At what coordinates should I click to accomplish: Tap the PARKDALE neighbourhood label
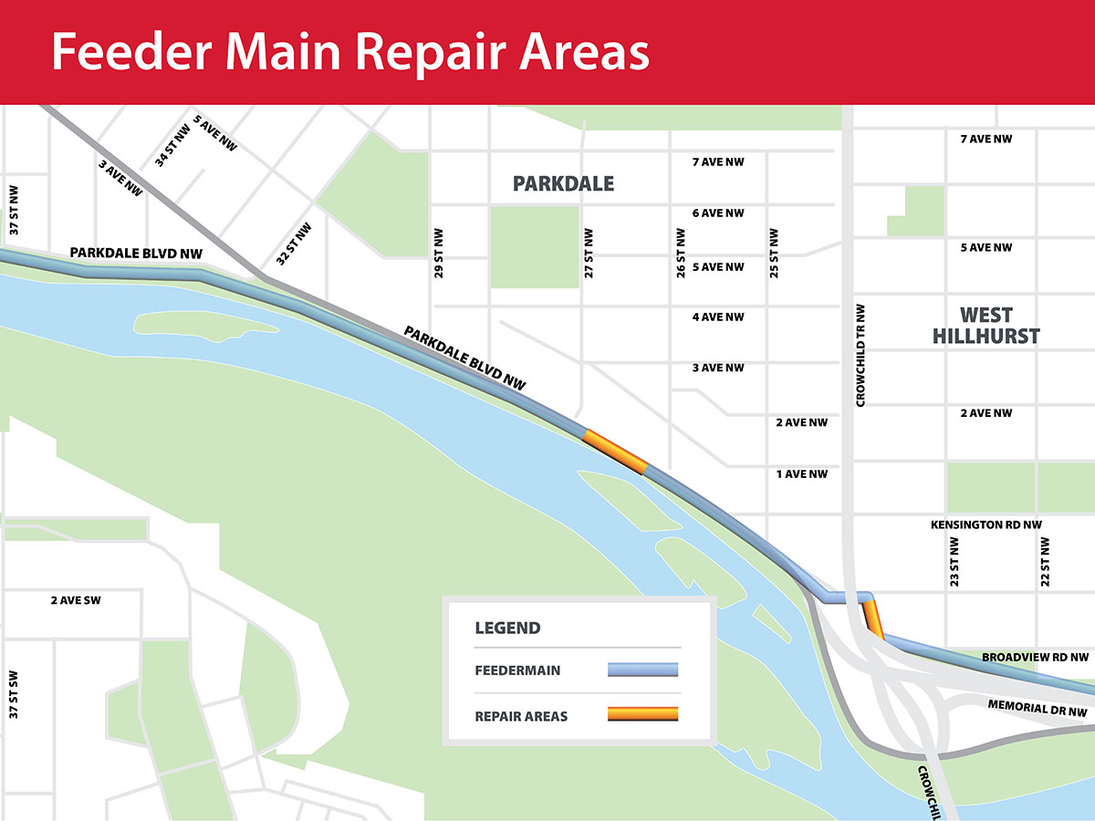pyautogui.click(x=563, y=184)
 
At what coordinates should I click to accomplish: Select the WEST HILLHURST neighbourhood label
pyautogui.click(x=985, y=326)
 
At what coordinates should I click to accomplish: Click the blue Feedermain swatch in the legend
pyautogui.click(x=643, y=670)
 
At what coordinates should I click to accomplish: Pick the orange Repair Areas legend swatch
pyautogui.click(x=643, y=714)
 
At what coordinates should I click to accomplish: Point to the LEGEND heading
pyautogui.click(x=507, y=629)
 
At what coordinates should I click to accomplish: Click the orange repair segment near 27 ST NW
pyautogui.click(x=615, y=451)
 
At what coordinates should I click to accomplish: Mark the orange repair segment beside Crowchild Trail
pyautogui.click(x=874, y=618)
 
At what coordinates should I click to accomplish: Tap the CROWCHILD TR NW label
pyautogui.click(x=860, y=356)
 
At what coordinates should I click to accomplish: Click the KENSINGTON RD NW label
pyautogui.click(x=985, y=525)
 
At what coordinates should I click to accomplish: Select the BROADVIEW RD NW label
pyautogui.click(x=1035, y=657)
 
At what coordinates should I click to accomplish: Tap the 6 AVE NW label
pyautogui.click(x=718, y=213)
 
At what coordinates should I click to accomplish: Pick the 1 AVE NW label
pyautogui.click(x=801, y=474)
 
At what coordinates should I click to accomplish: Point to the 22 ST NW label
pyautogui.click(x=1045, y=561)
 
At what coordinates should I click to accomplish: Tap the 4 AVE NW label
pyautogui.click(x=718, y=317)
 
